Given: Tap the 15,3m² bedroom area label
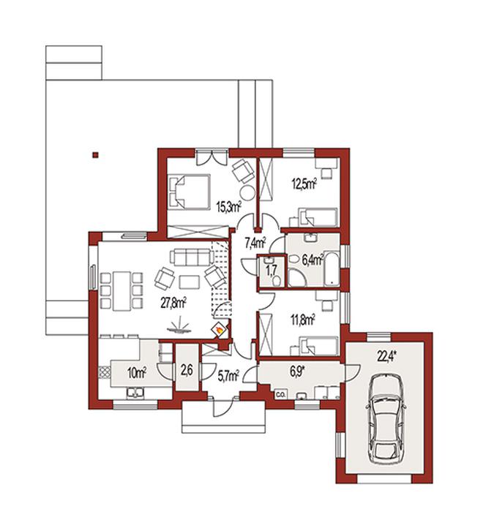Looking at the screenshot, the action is (x=229, y=206).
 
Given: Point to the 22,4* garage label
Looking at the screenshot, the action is (x=387, y=357).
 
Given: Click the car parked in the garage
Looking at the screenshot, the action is (x=386, y=418).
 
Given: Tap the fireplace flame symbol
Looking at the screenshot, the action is (x=220, y=330).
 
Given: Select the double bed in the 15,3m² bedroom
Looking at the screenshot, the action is (x=189, y=191).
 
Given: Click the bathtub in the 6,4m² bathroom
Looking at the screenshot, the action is (x=332, y=268).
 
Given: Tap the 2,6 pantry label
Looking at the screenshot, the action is (x=187, y=371).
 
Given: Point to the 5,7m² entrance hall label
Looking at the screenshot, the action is (x=228, y=375).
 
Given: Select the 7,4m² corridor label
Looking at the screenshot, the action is (x=255, y=243).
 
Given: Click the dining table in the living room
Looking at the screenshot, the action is (x=121, y=291).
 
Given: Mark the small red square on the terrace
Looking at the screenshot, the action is (x=96, y=155).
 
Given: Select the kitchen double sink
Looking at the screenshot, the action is (x=135, y=393).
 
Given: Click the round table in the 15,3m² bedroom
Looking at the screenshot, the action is (x=247, y=193).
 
